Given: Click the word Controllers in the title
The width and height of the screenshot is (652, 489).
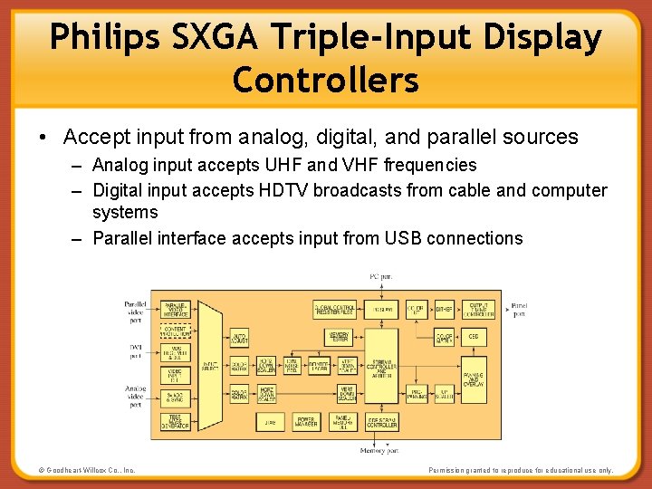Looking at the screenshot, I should click(x=325, y=80).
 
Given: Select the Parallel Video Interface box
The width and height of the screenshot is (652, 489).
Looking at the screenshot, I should click(x=175, y=310).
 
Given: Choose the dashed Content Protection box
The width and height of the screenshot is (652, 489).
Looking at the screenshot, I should click(x=175, y=331).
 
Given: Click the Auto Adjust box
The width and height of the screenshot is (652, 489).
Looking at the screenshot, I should click(x=239, y=337).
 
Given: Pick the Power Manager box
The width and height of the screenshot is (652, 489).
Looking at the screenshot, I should click(x=305, y=421).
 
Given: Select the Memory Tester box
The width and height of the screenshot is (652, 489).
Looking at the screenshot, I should click(x=339, y=337).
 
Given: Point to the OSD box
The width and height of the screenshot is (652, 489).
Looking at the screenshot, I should click(x=474, y=336).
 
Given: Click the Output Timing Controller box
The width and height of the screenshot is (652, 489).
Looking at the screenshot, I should click(x=476, y=310).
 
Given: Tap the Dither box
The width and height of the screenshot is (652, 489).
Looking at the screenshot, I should click(x=444, y=310).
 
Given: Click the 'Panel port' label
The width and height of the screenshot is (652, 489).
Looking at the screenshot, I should click(x=520, y=310).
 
